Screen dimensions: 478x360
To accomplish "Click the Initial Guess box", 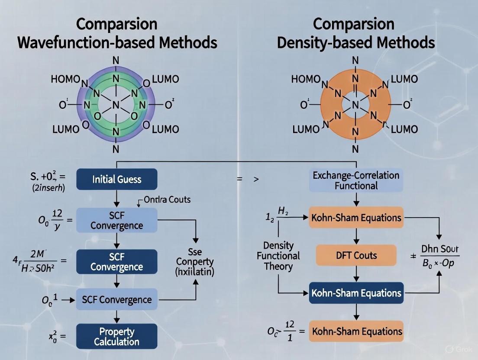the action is (x=117, y=179).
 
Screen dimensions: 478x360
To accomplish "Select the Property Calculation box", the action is (x=117, y=336).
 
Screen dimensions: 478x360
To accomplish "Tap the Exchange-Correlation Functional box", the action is (x=356, y=180).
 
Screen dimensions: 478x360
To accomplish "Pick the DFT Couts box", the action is (x=356, y=255).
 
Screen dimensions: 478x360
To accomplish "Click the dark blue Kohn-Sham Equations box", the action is (x=356, y=293).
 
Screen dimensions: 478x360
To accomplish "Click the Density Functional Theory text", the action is (x=278, y=256).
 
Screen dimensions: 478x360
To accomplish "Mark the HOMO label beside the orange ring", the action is (x=306, y=79).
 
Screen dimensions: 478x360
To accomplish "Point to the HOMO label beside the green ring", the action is (x=65, y=79).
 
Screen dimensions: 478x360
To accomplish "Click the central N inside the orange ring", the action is (x=355, y=105).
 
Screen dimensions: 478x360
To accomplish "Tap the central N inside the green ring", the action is (x=116, y=105).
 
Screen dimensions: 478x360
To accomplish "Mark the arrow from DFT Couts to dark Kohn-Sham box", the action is (x=356, y=274).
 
